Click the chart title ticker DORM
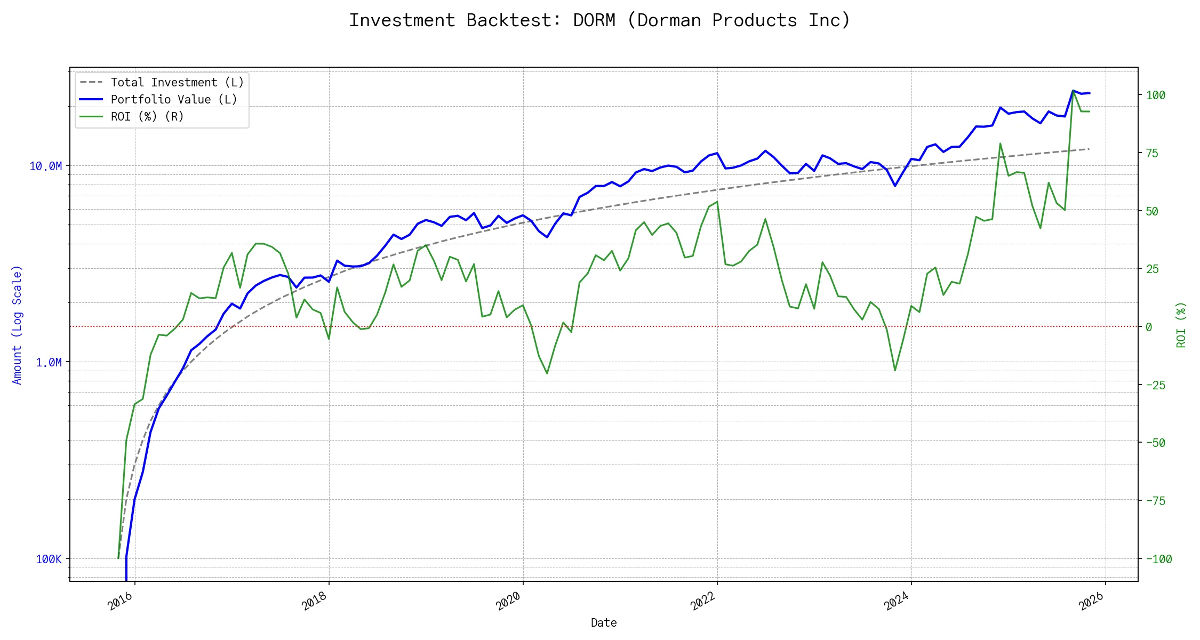(x=594, y=20)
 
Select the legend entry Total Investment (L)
(x=177, y=82)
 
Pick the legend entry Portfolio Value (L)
(x=173, y=99)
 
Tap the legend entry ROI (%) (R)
(x=147, y=116)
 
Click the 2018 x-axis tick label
(x=314, y=602)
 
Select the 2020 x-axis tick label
(x=508, y=602)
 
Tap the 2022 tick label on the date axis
(x=703, y=602)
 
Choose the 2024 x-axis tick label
(x=897, y=602)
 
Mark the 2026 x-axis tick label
(x=1091, y=602)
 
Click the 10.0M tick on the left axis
(x=45, y=166)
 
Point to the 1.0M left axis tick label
(x=49, y=362)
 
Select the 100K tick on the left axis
(x=49, y=559)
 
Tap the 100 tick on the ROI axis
(x=1156, y=95)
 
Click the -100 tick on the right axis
(x=1159, y=559)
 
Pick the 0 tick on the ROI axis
(x=1149, y=327)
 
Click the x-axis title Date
(x=604, y=622)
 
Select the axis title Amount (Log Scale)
(x=17, y=324)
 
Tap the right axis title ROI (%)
(x=1181, y=324)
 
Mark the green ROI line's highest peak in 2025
(x=1073, y=91)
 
